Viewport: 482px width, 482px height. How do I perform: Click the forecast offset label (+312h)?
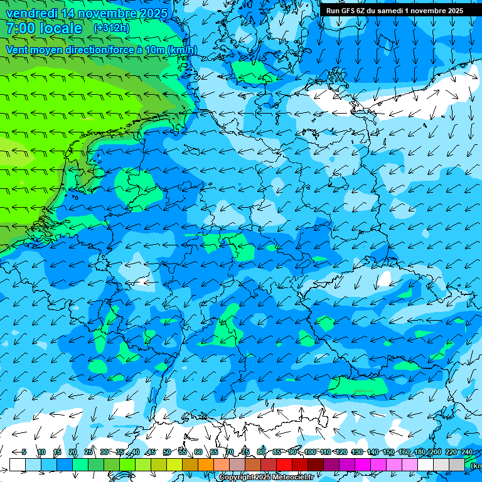pyautogui.click(x=111, y=28)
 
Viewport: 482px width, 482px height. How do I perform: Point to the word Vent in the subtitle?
pyautogui.click(x=18, y=50)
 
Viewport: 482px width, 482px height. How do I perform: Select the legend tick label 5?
pyautogui.click(x=24, y=452)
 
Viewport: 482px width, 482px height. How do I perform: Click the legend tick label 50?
pyautogui.click(x=166, y=452)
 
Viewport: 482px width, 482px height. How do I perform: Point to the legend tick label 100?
pyautogui.click(x=310, y=452)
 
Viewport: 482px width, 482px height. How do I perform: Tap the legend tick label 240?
pyautogui.click(x=467, y=452)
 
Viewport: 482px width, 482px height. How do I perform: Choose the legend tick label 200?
pyautogui.click(x=436, y=452)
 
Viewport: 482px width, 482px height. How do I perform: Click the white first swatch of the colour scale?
pyautogui.click(x=18, y=464)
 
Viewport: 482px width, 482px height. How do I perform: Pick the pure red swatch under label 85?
pyautogui.click(x=284, y=464)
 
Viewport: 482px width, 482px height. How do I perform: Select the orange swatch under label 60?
pyautogui.click(x=206, y=464)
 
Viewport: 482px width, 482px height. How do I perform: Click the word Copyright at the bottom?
pyautogui.click(x=237, y=478)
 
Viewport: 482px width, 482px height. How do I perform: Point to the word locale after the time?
pyautogui.click(x=62, y=28)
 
